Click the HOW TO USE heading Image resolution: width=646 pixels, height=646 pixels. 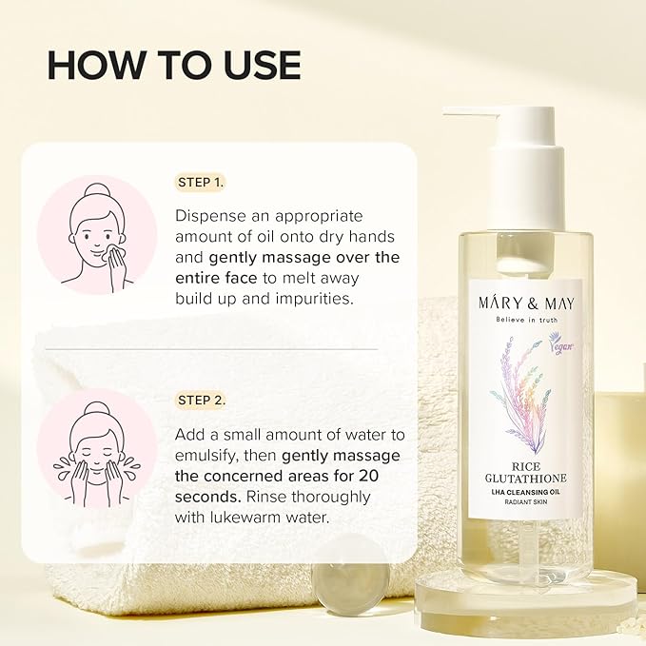[x=174, y=65]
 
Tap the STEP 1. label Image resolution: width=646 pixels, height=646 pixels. [x=201, y=182]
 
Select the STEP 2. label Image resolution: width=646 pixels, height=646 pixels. [x=202, y=400]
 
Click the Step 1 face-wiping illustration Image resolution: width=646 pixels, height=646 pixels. [x=96, y=235]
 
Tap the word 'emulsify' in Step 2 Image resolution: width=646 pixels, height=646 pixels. [x=206, y=456]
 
